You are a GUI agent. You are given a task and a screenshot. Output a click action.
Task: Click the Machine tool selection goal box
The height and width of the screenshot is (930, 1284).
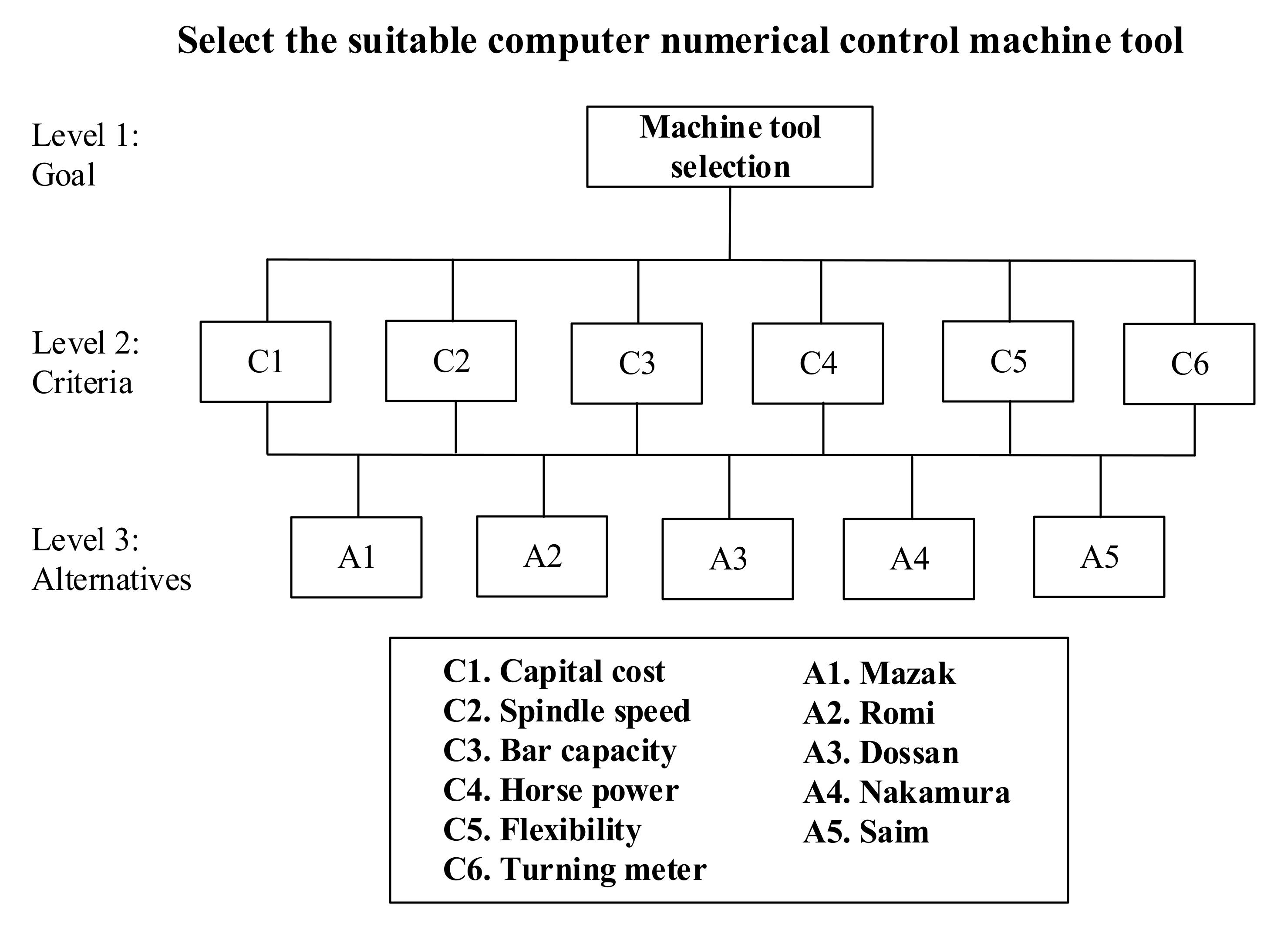coord(729,147)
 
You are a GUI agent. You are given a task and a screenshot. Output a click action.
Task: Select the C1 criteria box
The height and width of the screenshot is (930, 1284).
coord(265,362)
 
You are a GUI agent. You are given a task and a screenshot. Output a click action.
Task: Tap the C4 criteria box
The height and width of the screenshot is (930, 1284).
coord(818,364)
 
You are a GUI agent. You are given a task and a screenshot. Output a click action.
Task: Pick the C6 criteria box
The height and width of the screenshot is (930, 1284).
coord(1189,364)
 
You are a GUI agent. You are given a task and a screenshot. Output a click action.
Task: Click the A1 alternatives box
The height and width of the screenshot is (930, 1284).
coord(356,557)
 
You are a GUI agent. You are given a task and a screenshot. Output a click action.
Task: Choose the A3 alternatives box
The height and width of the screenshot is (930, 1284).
coord(728,559)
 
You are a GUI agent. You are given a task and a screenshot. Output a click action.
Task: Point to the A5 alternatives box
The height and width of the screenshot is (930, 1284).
coord(1099,557)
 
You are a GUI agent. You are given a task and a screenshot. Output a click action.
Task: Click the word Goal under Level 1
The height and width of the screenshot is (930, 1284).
coord(64,174)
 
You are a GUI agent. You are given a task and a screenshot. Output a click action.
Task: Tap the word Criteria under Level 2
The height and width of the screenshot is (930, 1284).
coord(82,383)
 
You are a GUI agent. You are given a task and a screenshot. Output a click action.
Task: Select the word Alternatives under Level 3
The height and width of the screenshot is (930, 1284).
coord(111,580)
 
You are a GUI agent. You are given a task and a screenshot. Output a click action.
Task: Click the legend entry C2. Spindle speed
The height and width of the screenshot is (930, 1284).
coord(566,711)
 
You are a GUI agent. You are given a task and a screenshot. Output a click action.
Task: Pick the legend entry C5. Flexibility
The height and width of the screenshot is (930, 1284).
coord(542,830)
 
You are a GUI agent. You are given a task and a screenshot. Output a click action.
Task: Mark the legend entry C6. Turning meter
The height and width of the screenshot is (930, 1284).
coord(574,870)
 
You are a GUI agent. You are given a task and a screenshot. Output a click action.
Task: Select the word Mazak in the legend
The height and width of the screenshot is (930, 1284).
coord(907,674)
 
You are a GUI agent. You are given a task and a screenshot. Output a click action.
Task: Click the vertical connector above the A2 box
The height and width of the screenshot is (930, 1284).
coord(543,485)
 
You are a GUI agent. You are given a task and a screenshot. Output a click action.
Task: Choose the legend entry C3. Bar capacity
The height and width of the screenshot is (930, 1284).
coord(559,751)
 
